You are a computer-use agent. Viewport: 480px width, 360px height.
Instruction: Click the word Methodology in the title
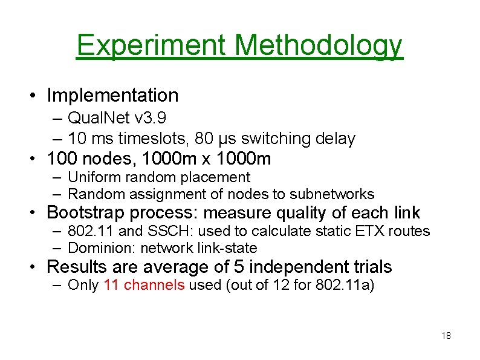318,45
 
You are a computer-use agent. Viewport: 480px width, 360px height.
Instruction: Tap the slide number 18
447,336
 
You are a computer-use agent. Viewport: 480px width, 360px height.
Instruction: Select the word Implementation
112,95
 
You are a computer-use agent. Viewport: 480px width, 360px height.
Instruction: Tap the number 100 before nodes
62,159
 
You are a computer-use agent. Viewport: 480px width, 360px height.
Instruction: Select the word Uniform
92,177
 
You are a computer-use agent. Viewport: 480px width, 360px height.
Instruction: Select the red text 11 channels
144,285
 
